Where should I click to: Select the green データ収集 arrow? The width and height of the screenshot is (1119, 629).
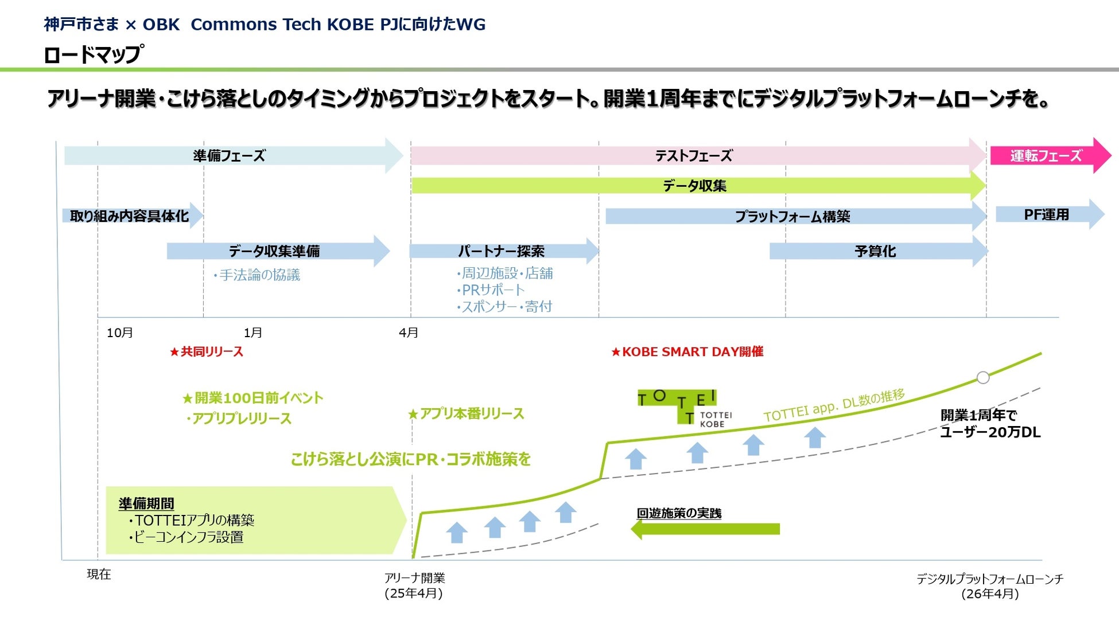point(695,185)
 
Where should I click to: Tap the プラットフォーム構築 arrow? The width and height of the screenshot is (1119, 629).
point(792,216)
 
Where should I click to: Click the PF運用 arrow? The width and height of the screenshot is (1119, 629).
point(1047,214)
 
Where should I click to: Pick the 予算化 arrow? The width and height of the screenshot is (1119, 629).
point(875,251)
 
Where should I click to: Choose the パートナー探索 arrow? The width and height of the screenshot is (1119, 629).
point(501,251)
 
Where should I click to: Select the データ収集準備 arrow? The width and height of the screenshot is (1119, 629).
point(274,251)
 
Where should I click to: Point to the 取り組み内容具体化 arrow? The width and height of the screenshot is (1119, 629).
point(129,216)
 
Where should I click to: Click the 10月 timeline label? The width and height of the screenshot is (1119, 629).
point(119,333)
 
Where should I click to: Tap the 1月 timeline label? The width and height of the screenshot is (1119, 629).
point(252,333)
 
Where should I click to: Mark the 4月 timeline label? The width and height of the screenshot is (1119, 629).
point(408,333)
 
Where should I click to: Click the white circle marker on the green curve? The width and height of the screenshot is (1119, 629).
point(983,377)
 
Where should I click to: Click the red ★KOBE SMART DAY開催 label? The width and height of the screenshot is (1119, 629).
point(687,351)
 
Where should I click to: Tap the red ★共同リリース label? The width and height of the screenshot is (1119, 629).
point(207,351)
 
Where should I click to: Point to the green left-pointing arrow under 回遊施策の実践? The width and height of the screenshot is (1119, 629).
point(705,529)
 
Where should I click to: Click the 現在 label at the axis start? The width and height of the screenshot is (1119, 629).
point(99,574)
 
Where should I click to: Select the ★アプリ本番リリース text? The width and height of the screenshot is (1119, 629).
point(466,413)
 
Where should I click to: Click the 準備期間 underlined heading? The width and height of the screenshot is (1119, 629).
point(146,503)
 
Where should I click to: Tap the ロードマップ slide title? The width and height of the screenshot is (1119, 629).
point(93,54)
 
